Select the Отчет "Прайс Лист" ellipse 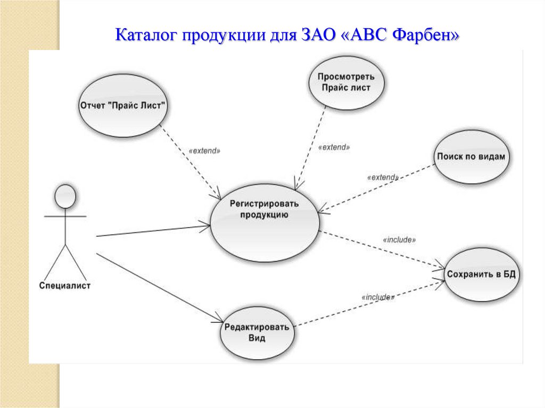tap(123, 105)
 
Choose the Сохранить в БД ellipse tap(482, 274)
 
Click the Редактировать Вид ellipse tap(257, 332)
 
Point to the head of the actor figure tap(65, 196)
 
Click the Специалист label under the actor tap(65, 286)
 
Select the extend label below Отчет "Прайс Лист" tap(204, 151)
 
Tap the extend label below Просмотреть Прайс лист tap(334, 147)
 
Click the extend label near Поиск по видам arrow tap(383, 177)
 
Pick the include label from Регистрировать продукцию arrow tap(399, 240)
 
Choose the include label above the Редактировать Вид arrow tap(377, 297)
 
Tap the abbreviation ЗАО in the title tap(320, 36)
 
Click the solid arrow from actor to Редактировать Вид tap(160, 288)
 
